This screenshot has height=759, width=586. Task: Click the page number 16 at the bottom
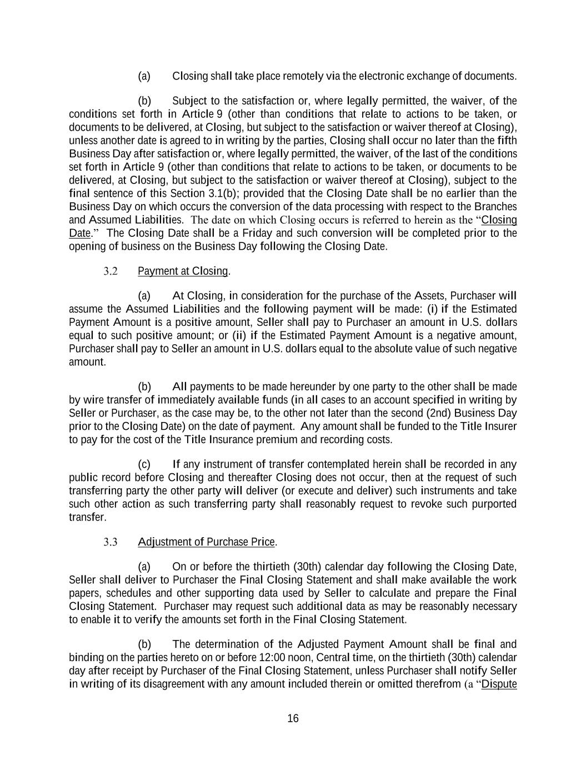293,718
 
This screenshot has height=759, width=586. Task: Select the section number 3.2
111,271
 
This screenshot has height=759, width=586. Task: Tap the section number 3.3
111,542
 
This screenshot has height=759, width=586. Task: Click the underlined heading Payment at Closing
183,271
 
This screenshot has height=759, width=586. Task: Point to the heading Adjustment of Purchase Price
206,542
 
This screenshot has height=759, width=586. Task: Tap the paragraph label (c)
144,464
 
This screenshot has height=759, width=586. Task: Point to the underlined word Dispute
499,683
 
